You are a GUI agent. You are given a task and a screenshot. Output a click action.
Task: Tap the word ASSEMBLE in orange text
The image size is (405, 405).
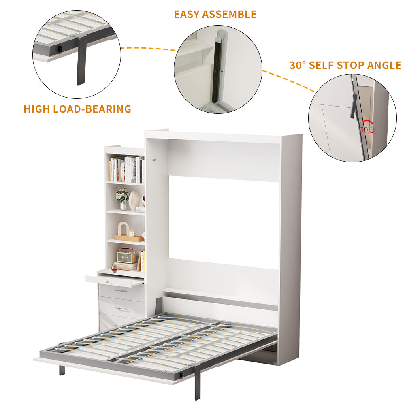pos(232,14)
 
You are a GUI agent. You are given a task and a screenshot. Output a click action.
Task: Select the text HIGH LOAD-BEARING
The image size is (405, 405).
pos(77,109)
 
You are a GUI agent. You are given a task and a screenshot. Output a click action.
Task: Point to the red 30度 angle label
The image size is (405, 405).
pos(367,130)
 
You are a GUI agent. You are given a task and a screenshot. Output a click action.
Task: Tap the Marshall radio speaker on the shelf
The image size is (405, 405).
pos(127,255)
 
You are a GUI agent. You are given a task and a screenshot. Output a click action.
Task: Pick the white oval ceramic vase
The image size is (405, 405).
pos(134,200)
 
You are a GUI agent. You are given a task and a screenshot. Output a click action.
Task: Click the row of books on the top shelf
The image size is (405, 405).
pos(126,170)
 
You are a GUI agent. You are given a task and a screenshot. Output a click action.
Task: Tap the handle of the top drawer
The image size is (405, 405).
pos(120,290)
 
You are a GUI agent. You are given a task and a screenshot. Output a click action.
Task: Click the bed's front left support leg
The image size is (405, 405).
pos(61,370)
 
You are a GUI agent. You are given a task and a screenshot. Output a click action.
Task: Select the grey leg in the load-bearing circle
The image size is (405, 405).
pos(81,65)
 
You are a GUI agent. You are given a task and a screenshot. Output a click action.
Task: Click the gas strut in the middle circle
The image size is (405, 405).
pos(218,69)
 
